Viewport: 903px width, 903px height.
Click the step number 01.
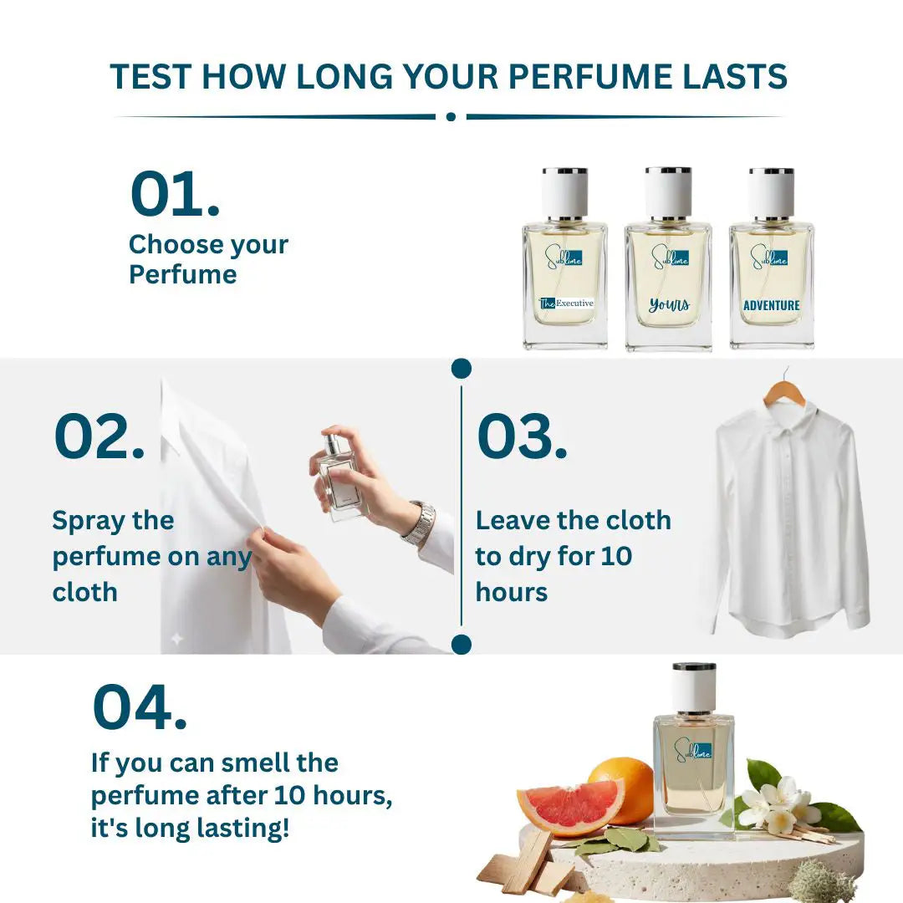tap(175, 193)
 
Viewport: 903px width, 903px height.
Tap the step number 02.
tap(99, 436)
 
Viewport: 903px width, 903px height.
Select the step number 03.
tap(522, 436)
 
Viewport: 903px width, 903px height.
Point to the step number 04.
tap(140, 707)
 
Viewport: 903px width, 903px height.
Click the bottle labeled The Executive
tap(565, 258)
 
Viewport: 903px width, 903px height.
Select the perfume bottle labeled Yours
tap(668, 258)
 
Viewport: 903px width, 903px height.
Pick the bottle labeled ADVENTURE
tap(771, 258)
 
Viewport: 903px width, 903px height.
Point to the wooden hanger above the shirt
tap(784, 389)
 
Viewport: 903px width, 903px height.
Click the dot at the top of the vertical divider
tap(462, 369)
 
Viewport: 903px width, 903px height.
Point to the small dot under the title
tap(451, 117)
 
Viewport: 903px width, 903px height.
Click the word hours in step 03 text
tap(512, 592)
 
